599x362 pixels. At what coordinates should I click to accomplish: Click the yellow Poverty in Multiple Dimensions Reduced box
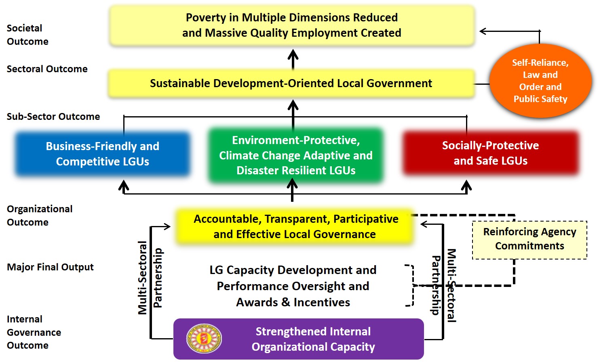pos(292,25)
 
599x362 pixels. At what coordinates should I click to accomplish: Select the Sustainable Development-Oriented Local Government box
pos(291,84)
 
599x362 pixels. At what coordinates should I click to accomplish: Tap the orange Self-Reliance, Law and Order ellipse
pos(540,81)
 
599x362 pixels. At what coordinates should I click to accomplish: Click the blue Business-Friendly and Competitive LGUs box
pos(103,154)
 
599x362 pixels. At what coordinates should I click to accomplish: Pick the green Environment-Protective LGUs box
pos(296,155)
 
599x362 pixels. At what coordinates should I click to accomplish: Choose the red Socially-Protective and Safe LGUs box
pos(491,153)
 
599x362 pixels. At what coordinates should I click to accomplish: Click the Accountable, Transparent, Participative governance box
pos(294,227)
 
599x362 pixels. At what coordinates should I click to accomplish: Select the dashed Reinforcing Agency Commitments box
pos(530,240)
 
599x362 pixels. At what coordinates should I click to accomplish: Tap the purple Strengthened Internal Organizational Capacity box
pos(299,339)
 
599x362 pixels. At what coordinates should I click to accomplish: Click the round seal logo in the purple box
pos(204,339)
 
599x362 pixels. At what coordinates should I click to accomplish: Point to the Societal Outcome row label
pos(27,35)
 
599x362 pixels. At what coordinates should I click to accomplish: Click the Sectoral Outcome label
pos(47,69)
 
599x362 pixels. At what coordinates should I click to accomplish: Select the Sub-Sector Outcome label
pos(53,117)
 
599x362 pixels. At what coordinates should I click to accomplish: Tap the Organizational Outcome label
pos(40,216)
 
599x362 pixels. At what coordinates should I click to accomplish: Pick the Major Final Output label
pos(50,267)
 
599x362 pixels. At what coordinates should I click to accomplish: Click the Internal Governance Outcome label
pos(34,332)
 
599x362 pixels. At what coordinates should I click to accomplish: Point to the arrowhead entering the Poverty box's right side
pos(483,31)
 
